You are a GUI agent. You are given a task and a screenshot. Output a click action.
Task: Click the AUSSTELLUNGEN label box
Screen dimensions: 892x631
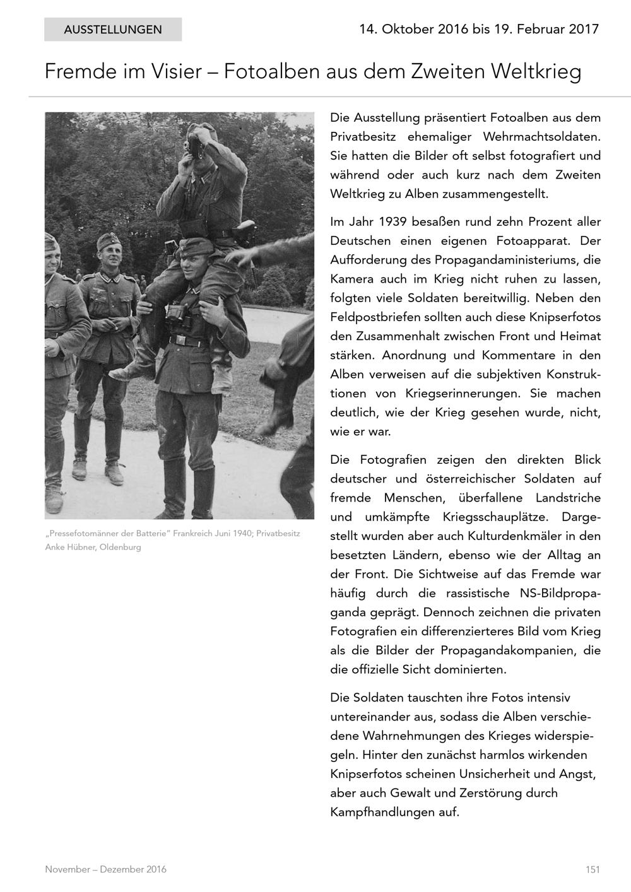[x=113, y=30]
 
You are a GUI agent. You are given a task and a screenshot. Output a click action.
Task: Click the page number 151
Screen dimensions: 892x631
[x=592, y=869]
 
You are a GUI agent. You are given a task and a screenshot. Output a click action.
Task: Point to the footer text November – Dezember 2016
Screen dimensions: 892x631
[x=105, y=869]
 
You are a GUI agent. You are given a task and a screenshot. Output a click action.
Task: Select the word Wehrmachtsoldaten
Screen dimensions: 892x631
[x=542, y=137]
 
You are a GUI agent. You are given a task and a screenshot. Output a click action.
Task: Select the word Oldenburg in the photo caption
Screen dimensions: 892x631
[x=120, y=547]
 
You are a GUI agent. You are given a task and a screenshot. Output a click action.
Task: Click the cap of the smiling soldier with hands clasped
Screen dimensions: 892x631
[x=110, y=242]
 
